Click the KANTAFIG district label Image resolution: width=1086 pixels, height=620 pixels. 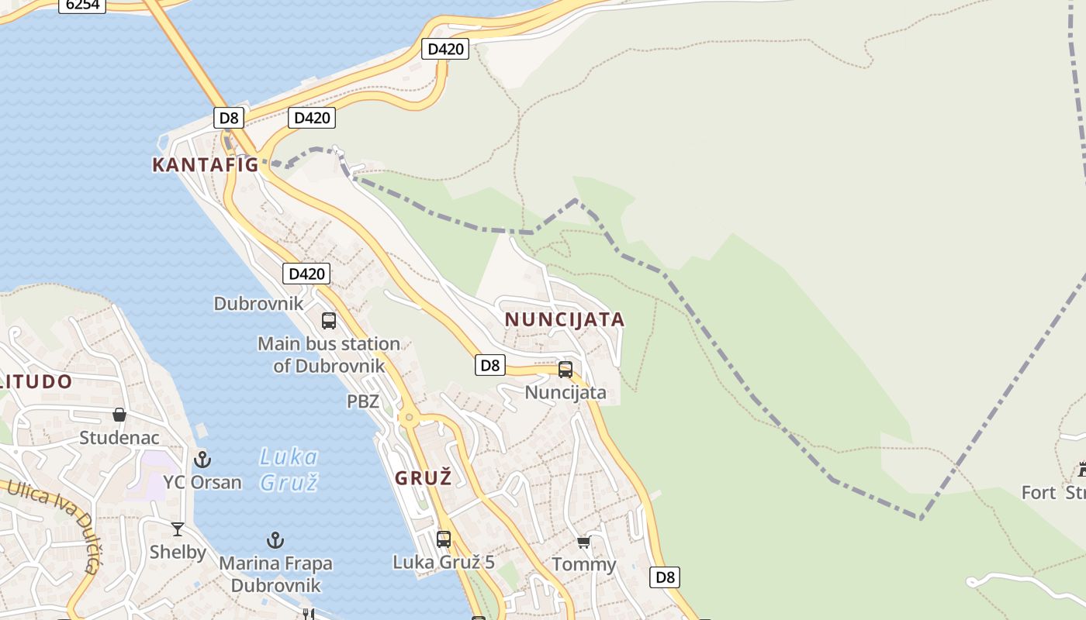tap(205, 164)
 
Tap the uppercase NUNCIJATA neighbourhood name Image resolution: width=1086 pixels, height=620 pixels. tap(565, 319)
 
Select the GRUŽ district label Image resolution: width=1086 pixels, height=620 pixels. tap(423, 478)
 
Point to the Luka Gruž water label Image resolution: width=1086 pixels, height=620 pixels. tap(289, 470)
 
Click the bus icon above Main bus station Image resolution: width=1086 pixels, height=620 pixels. tap(329, 321)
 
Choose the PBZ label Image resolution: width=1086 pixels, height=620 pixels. tap(363, 401)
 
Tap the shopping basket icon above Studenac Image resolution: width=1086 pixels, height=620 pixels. tap(119, 415)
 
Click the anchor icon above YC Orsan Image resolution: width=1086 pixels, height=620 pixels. tap(202, 459)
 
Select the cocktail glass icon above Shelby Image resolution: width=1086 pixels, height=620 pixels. tap(178, 529)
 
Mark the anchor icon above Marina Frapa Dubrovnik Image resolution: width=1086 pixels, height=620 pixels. tap(275, 540)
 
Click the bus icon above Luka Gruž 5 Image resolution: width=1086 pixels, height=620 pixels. tap(444, 539)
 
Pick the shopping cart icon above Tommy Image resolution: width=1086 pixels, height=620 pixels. tap(583, 542)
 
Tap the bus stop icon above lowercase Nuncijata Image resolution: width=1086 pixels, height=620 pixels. tap(565, 370)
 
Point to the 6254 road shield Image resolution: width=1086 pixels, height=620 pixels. tap(81, 5)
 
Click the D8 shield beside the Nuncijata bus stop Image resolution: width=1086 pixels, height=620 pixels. tap(490, 365)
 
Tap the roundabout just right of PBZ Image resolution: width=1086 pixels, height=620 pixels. tap(409, 418)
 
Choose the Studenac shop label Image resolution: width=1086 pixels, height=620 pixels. tap(119, 438)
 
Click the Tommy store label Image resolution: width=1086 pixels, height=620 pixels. tap(583, 564)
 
